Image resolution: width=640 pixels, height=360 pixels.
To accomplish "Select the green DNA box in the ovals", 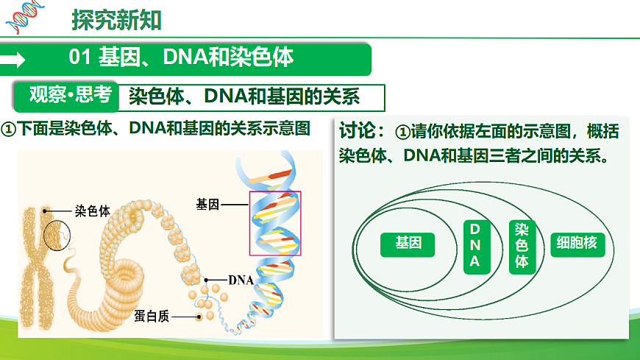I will (474, 245).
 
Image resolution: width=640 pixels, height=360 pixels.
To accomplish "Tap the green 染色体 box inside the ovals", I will (522, 246).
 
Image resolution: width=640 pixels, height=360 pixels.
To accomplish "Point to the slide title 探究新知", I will (116, 21).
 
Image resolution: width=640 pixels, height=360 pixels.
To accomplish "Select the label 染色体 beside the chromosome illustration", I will (92, 211).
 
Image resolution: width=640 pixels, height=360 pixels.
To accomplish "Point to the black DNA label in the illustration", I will (241, 280).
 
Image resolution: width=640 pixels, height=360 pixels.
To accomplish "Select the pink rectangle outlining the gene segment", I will (275, 223).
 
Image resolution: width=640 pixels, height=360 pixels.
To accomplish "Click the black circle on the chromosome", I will (58, 235).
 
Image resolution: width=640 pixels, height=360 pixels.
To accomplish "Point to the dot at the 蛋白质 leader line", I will (199, 317).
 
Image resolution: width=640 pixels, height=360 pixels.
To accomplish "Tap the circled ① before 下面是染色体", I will (9, 129).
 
